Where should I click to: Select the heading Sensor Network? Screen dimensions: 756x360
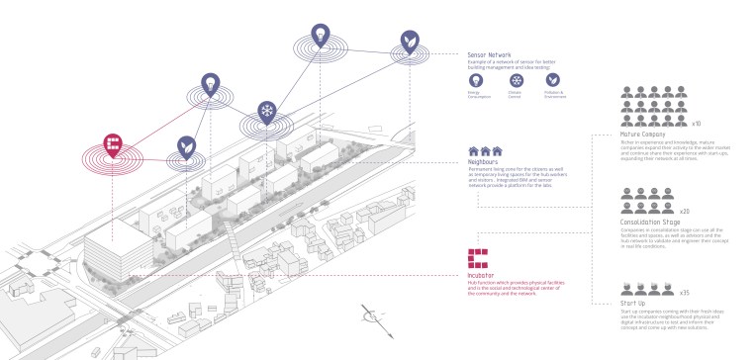pyautogui.click(x=490, y=54)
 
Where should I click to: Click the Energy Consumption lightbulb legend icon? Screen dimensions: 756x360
pyautogui.click(x=475, y=81)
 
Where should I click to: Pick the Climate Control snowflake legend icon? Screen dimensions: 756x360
pyautogui.click(x=515, y=81)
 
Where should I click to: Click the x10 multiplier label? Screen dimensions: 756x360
pyautogui.click(x=696, y=124)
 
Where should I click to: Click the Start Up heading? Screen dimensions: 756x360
pyautogui.click(x=634, y=303)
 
